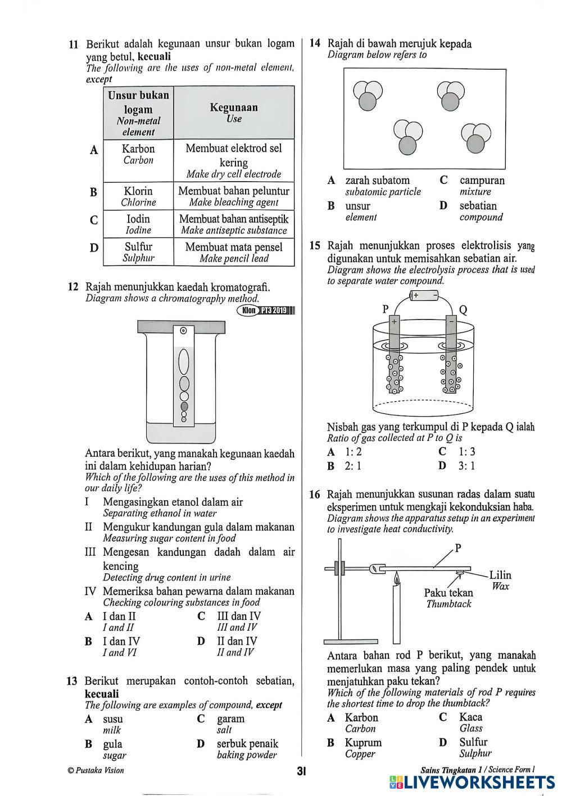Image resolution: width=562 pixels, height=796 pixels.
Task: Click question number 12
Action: coord(72,287)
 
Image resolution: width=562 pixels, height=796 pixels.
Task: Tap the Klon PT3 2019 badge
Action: coord(266,310)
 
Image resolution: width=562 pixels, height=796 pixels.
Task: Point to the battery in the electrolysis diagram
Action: coord(425,295)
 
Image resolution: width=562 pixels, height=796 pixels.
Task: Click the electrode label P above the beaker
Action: coord(386,308)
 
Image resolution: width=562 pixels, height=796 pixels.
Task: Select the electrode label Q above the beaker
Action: coord(463,309)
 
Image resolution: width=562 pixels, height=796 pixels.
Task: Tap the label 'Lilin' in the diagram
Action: coord(500,575)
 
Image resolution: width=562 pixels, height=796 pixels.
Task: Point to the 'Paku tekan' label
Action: coord(448,593)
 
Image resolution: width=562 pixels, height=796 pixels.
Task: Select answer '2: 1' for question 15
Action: coord(352,466)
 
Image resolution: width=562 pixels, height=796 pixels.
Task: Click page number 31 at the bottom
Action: coord(301,771)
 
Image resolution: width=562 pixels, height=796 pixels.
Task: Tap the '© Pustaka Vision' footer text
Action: coord(96,771)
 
